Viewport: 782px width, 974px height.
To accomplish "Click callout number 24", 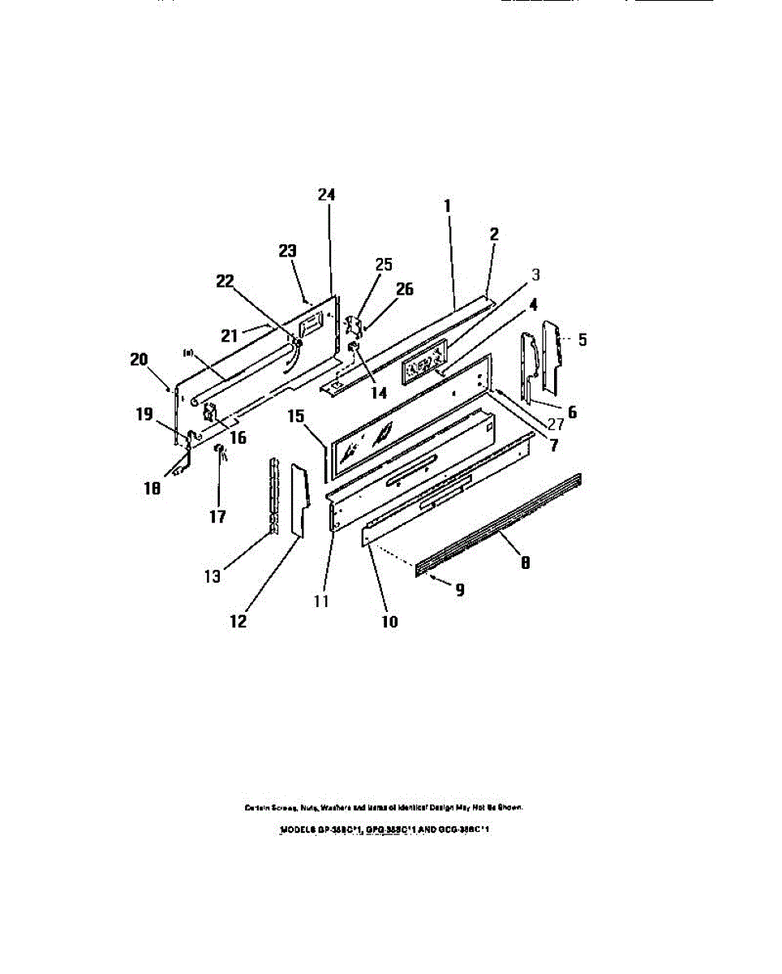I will tap(326, 196).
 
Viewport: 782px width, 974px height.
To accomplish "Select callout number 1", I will tap(447, 207).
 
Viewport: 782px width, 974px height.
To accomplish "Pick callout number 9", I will tap(459, 591).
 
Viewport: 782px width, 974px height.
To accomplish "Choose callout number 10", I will tap(390, 622).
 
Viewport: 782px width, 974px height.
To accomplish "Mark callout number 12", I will tap(238, 622).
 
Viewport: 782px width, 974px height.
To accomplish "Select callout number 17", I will tap(217, 516).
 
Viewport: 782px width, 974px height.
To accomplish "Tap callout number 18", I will tap(152, 488).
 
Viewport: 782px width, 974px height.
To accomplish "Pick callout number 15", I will tap(296, 416).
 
